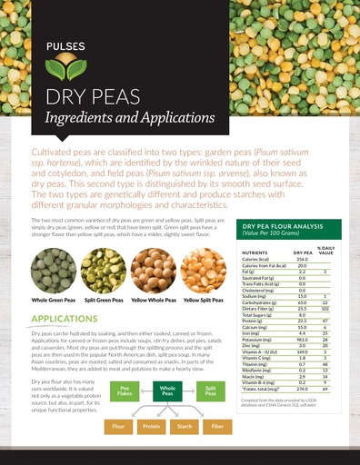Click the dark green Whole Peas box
(x=167, y=392)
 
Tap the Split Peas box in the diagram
(x=210, y=392)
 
